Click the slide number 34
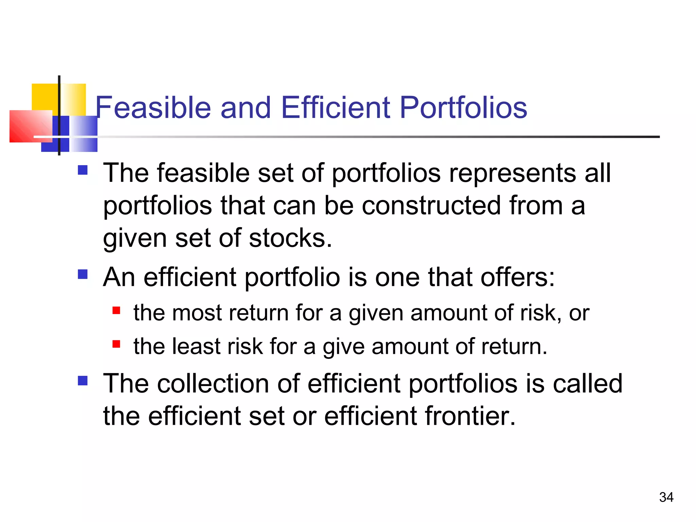666,497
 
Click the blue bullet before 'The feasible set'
83,170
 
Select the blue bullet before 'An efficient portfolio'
83,274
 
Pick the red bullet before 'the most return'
116,310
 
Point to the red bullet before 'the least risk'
116,344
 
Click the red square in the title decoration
31,126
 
